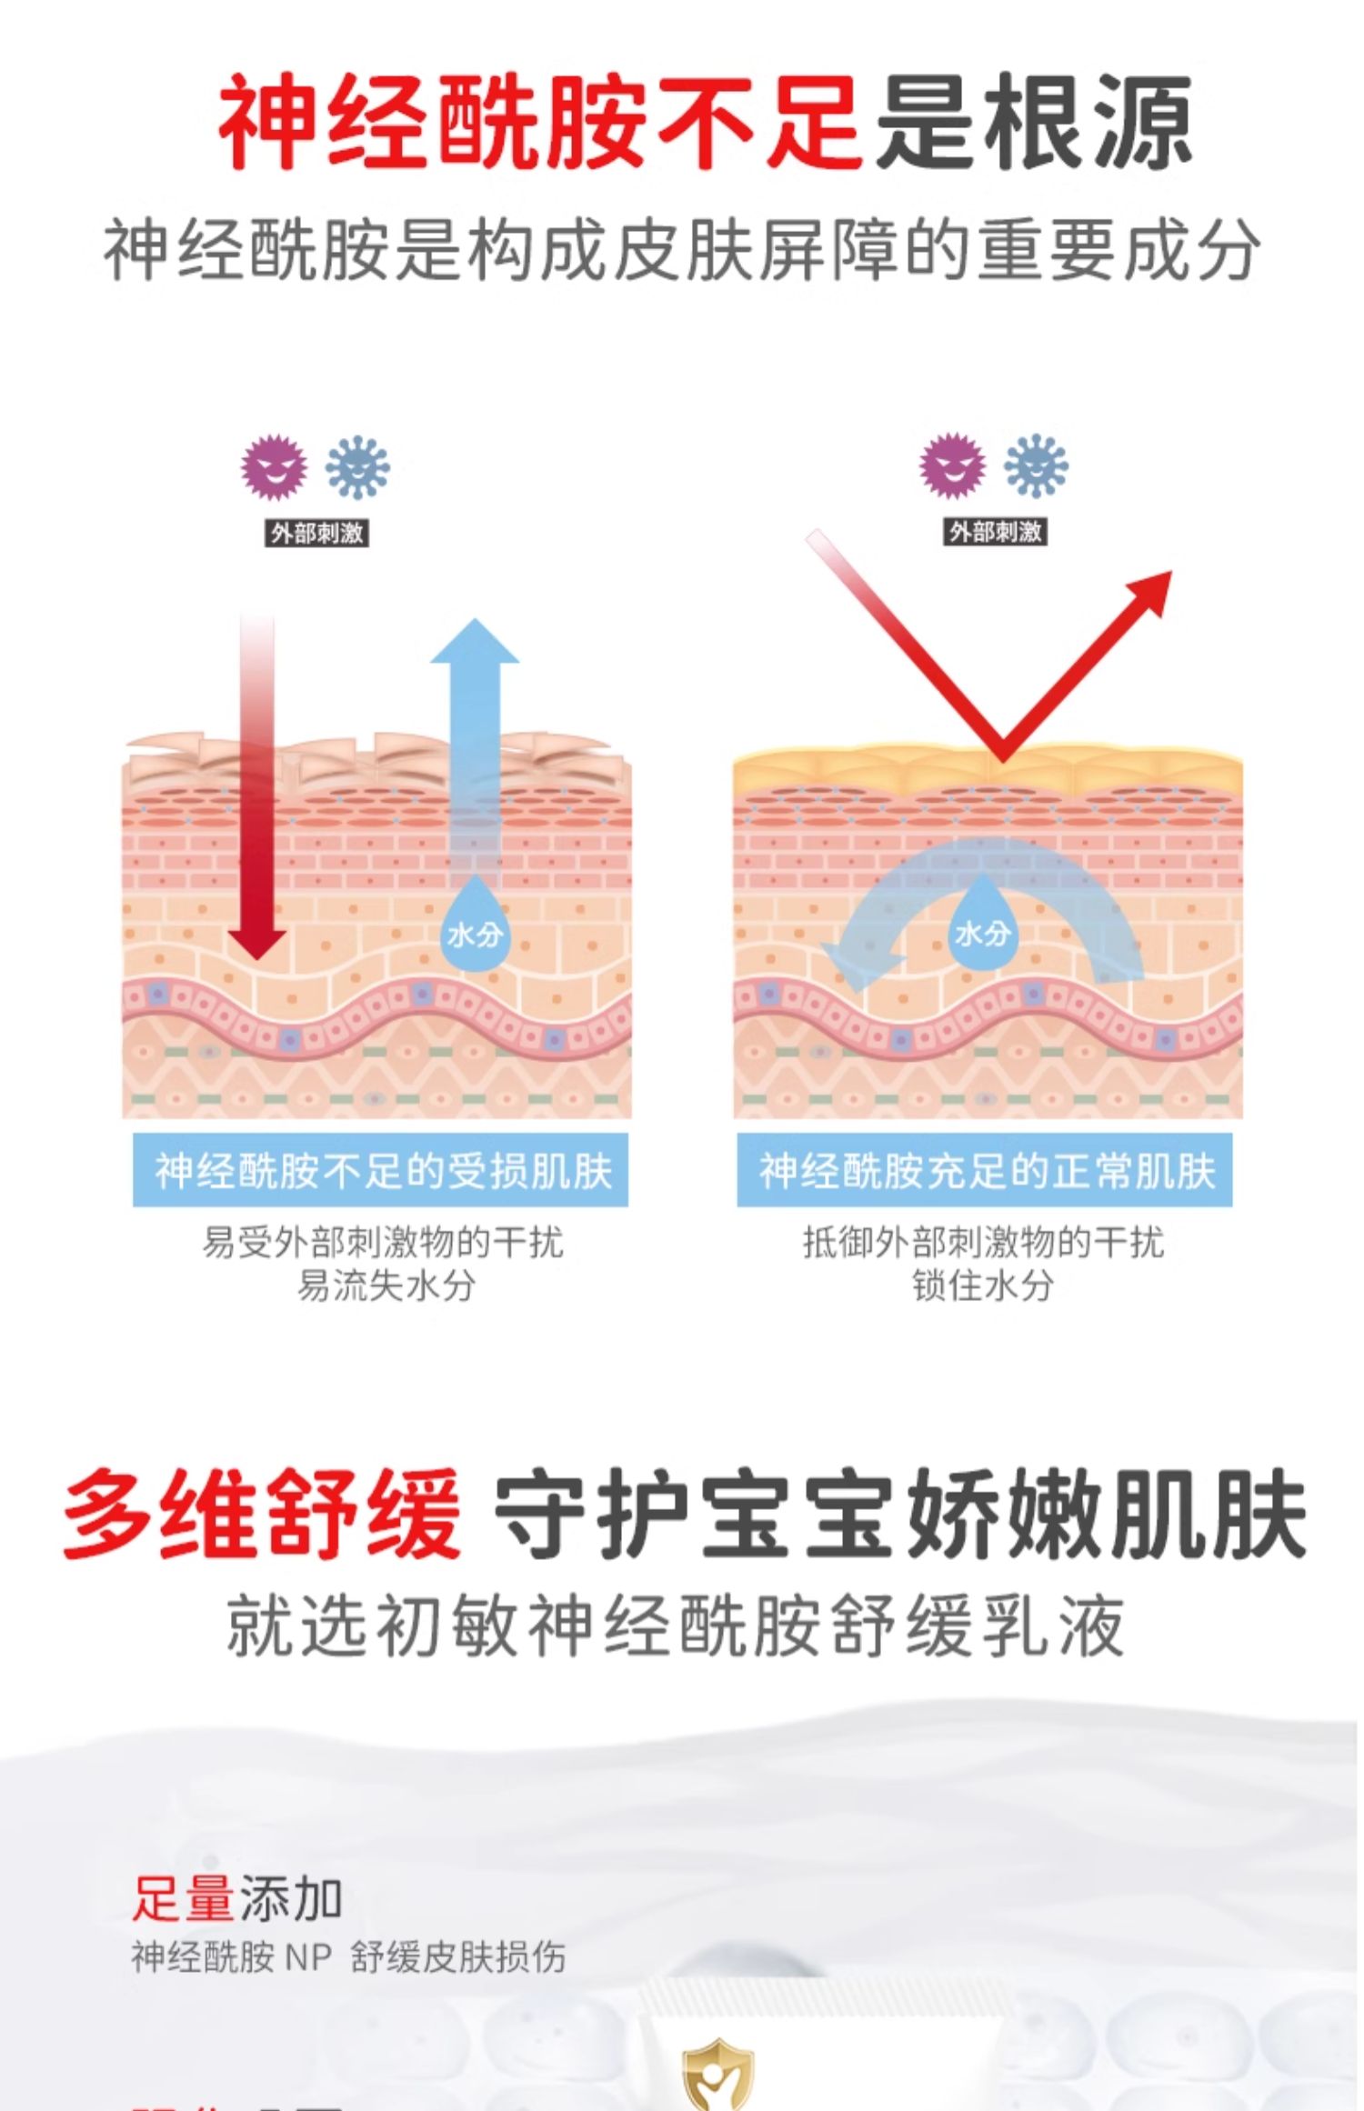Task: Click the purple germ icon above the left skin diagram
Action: (274, 467)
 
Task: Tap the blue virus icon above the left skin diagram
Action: (357, 467)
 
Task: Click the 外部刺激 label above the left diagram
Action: (316, 533)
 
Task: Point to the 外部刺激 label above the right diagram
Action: (996, 532)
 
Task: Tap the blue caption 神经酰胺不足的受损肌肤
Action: (381, 1171)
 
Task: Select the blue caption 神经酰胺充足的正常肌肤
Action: (985, 1171)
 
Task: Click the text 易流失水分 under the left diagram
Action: (386, 1286)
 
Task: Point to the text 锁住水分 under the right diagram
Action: (983, 1286)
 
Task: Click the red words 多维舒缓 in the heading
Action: (262, 1514)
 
